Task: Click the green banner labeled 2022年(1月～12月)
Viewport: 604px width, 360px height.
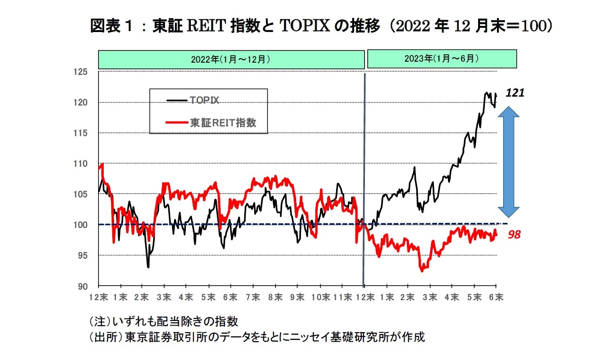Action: point(231,59)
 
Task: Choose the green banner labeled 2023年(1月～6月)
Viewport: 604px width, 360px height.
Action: point(442,59)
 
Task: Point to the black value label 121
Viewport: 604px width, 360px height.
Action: point(515,93)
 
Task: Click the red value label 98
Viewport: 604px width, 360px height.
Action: point(514,234)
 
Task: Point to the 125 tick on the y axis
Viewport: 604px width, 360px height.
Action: point(82,72)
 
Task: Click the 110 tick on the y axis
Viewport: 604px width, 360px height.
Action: point(82,164)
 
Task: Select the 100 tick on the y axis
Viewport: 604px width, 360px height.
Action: point(82,225)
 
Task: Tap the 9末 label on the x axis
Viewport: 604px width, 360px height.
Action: point(298,297)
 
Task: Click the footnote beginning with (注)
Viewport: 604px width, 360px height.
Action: point(163,322)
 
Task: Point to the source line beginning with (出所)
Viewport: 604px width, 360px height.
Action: point(257,337)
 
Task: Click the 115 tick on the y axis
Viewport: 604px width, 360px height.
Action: point(82,133)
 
